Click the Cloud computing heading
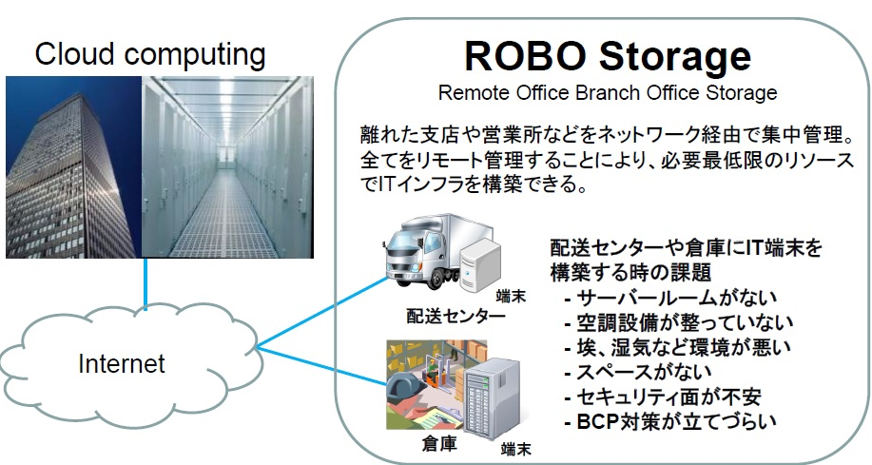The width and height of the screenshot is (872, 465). (x=150, y=54)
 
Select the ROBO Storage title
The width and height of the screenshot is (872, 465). (x=608, y=56)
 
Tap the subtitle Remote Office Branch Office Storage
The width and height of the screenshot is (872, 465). (x=608, y=93)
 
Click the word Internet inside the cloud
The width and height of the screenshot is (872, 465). (x=121, y=362)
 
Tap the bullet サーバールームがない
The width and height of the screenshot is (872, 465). (x=671, y=299)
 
